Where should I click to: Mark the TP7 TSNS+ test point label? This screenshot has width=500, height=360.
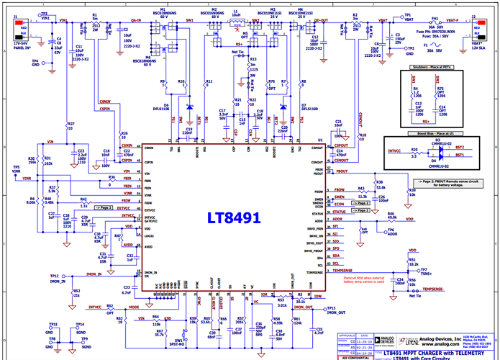[x=427, y=271]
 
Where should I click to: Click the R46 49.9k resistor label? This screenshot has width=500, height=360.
[x=393, y=216]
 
